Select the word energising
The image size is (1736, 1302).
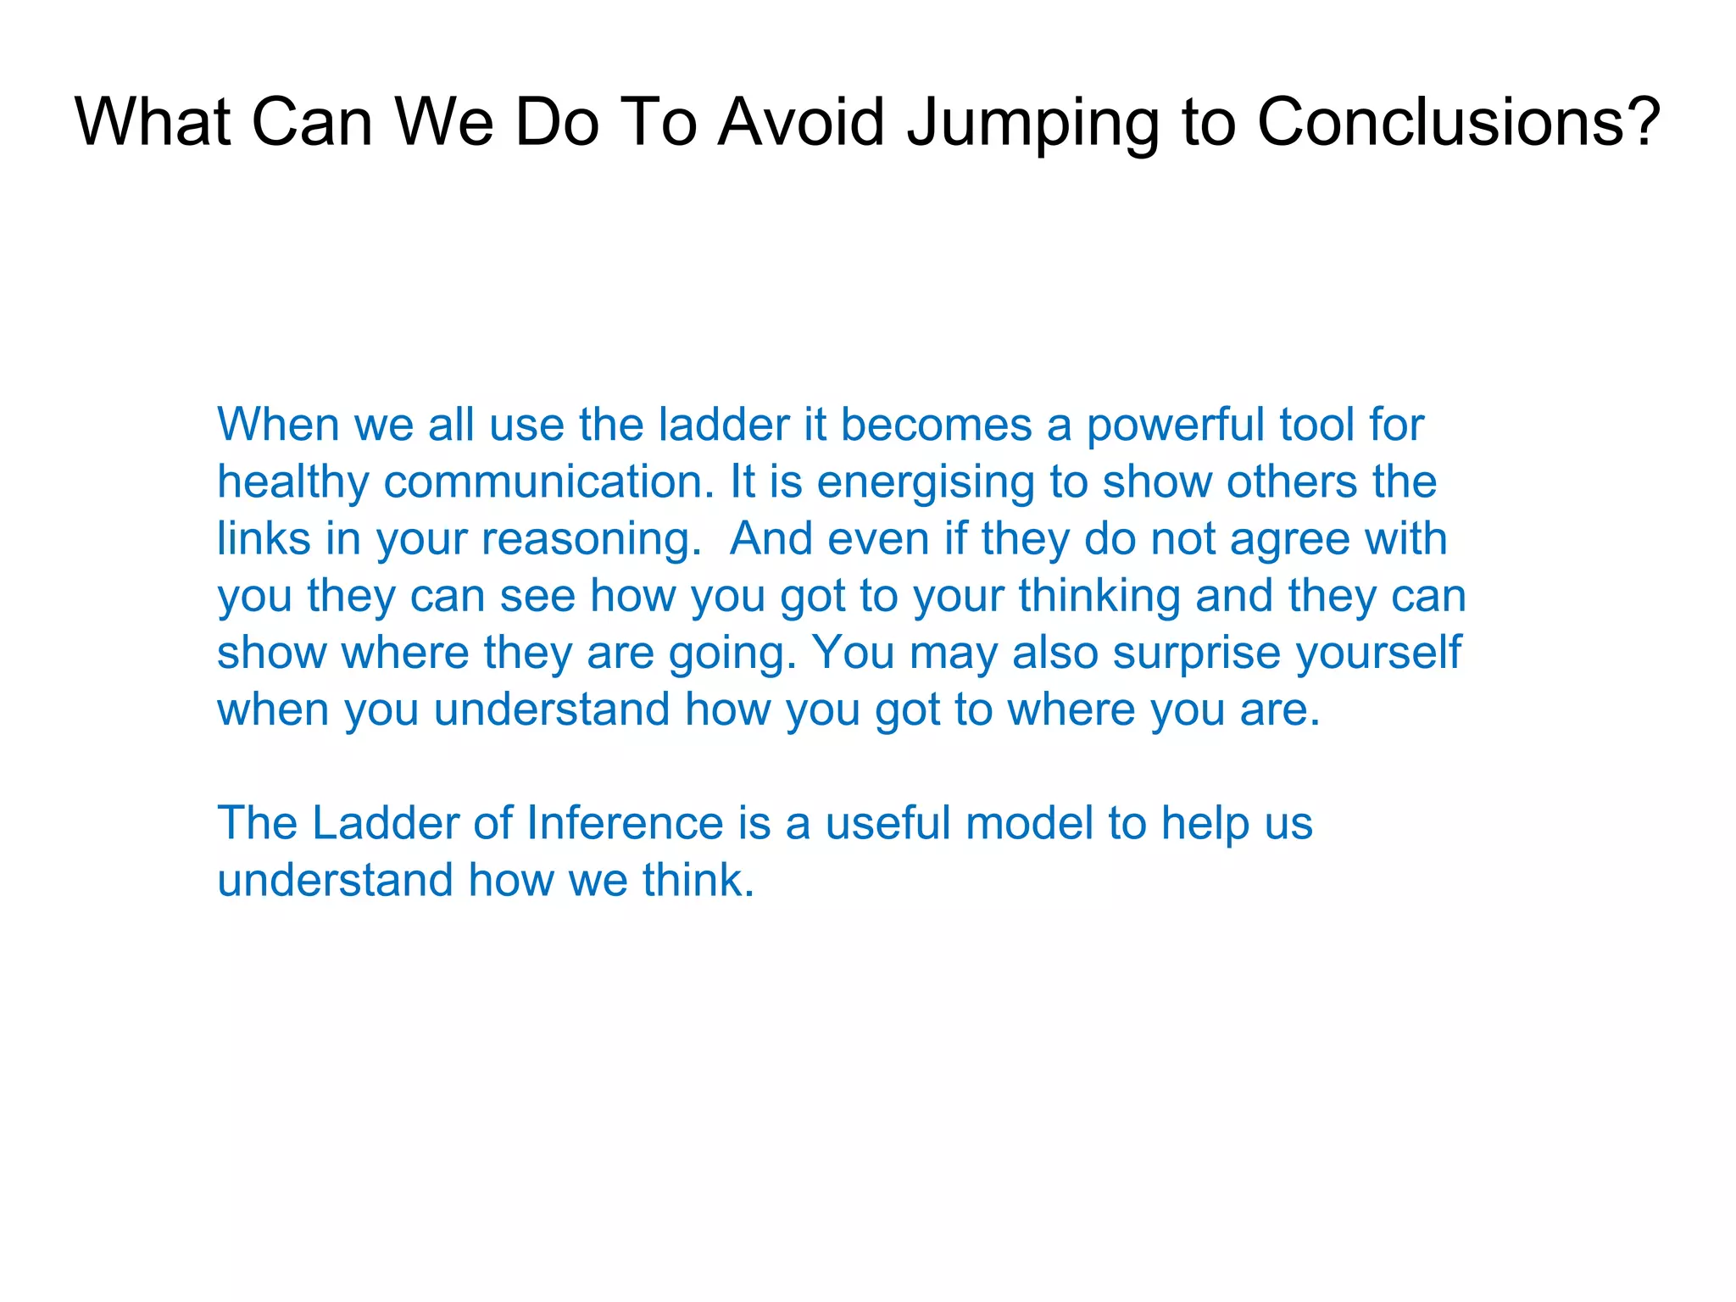[x=925, y=483]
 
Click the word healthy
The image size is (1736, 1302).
[x=292, y=483]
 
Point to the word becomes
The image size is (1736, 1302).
[x=936, y=425]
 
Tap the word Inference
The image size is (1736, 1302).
[x=625, y=823]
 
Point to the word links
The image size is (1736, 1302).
[x=264, y=538]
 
